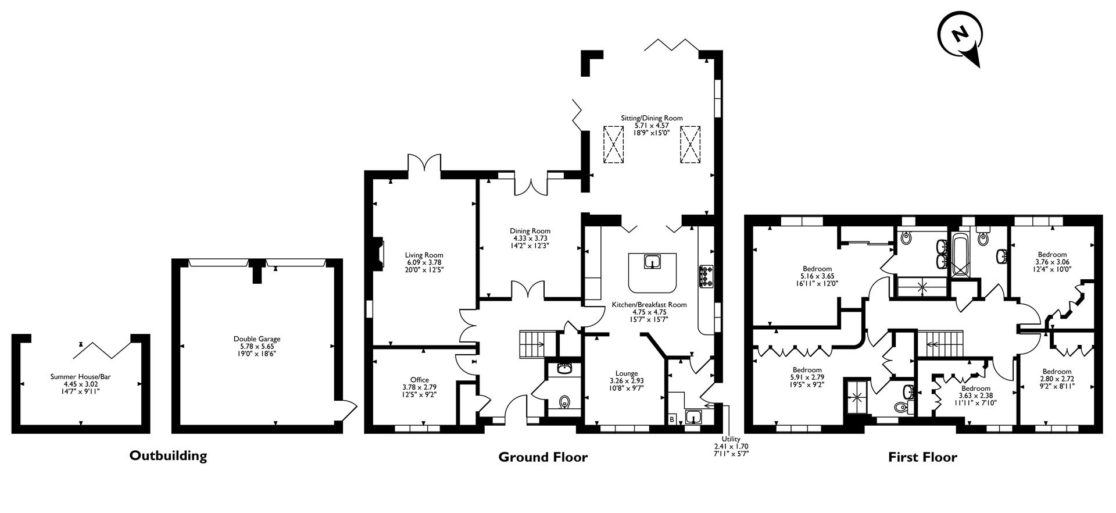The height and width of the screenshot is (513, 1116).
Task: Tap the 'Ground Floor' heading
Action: coord(543,457)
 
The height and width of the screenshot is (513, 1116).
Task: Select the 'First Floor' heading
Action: coord(922,457)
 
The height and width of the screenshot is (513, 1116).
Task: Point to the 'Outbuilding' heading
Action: coord(168,455)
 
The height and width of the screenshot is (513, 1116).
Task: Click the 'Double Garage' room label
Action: coord(257,339)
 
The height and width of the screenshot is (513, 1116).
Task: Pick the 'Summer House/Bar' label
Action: coord(80,377)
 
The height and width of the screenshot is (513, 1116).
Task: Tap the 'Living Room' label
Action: coord(424,255)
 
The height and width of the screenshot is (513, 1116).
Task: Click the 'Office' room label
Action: coord(419,380)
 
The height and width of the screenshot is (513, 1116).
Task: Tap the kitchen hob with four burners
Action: coord(706,276)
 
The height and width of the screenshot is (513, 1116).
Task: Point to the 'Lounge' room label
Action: coord(627,373)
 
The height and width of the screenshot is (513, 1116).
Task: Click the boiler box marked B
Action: coord(672,419)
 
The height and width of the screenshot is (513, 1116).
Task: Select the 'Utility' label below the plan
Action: coord(731,439)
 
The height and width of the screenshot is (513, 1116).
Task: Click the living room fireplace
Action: coord(378,254)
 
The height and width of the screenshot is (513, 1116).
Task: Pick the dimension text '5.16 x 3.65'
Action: coord(817,276)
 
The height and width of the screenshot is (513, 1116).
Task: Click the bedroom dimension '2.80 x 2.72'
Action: coord(1057,379)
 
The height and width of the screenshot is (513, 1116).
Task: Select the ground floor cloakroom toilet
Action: coord(563,402)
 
